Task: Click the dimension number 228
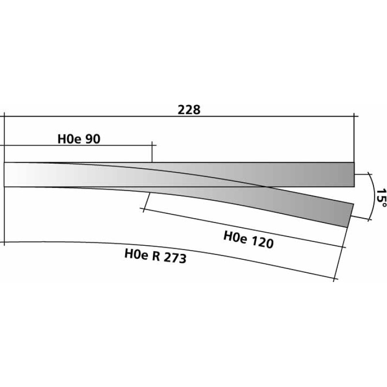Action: (x=189, y=110)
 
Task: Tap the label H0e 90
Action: (x=79, y=139)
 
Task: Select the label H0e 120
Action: (x=249, y=239)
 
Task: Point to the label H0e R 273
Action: (x=155, y=256)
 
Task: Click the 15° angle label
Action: (x=381, y=198)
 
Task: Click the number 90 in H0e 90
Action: (x=93, y=139)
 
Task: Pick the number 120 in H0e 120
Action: (x=262, y=242)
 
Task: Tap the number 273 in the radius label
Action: (x=175, y=258)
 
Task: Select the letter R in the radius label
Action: (x=156, y=256)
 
